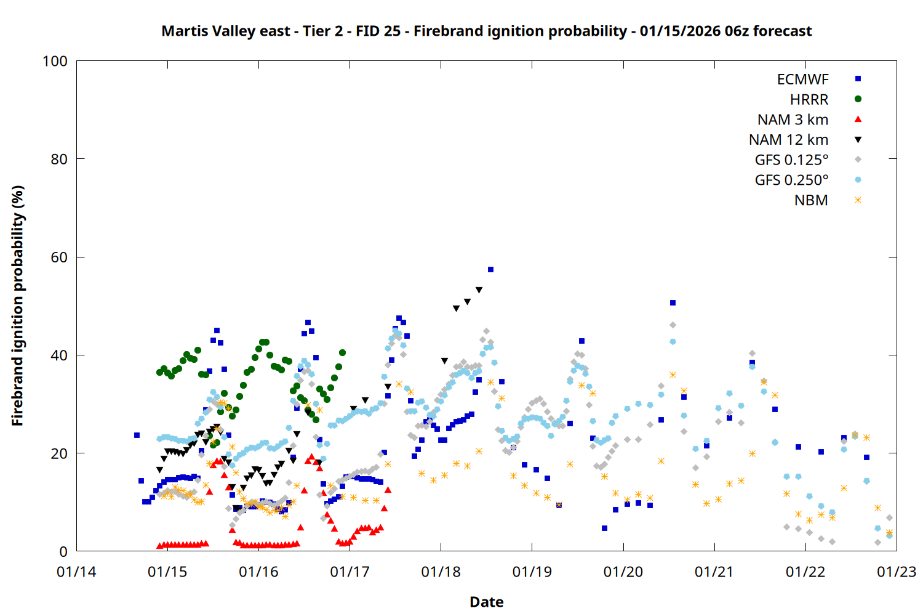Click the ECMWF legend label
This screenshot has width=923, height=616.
pos(802,79)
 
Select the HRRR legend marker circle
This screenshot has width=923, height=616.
pos(858,99)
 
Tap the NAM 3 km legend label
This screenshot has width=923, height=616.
pos(793,120)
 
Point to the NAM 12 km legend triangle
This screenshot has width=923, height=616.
pos(858,140)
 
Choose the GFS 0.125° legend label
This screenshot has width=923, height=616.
pos(791,160)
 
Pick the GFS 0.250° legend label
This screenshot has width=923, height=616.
pos(791,180)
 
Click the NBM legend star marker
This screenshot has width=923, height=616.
pos(858,200)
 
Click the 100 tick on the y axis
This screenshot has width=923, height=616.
pos(55,61)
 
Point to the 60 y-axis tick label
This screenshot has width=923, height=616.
pos(59,257)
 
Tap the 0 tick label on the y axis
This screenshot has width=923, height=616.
pos(63,552)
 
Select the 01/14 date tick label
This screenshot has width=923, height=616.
pos(76,572)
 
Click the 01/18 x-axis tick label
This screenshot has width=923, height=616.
pos(441,572)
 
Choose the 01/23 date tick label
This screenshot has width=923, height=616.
pos(897,572)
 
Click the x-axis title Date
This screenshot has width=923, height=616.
pos(486,602)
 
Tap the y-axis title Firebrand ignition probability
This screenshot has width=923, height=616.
pos(18,306)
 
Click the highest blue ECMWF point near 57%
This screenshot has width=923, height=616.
pos(490,270)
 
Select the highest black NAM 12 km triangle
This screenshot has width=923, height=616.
pos(479,290)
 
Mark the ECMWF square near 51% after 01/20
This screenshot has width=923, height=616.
pos(673,303)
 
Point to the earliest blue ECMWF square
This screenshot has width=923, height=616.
pos(137,436)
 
